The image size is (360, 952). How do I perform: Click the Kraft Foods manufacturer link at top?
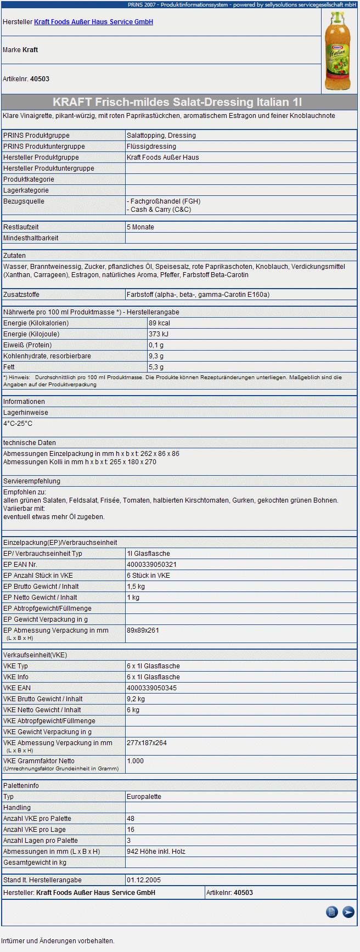(93, 22)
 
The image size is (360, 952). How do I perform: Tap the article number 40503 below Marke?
(40, 79)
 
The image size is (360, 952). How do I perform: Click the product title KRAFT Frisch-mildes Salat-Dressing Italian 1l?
(177, 102)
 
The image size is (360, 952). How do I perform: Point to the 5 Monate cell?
(140, 227)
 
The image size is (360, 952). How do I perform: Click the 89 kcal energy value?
(159, 323)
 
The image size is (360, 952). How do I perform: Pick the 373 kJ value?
(159, 334)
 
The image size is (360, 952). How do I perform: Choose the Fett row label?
(9, 367)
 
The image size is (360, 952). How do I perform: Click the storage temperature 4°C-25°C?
(18, 424)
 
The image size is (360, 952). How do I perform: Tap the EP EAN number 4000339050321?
(151, 565)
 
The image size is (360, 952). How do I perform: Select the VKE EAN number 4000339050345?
(151, 688)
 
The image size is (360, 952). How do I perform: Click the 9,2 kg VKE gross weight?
(136, 699)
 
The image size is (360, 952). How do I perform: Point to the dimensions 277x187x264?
(147, 743)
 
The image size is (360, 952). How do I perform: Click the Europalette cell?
(144, 797)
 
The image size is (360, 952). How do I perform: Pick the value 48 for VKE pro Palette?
(131, 819)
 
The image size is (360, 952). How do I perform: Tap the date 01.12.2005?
(144, 880)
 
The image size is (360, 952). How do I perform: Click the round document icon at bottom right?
(331, 912)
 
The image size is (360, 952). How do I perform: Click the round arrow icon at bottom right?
(348, 912)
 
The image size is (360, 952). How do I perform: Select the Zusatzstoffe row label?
(21, 295)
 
